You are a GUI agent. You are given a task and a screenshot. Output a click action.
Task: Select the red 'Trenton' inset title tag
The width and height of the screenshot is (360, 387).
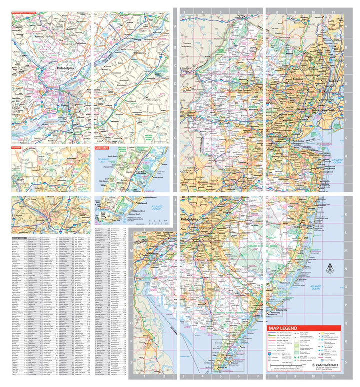pos(19,148)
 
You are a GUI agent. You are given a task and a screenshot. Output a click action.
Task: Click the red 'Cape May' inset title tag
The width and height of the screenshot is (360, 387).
pos(103,148)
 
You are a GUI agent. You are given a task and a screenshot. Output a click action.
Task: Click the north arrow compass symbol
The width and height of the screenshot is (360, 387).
pos(330,268)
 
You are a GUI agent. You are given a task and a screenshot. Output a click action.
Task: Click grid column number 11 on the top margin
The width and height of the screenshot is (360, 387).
pos(332,11)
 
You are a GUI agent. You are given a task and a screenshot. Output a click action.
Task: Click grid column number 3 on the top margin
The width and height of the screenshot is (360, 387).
pos(184,11)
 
